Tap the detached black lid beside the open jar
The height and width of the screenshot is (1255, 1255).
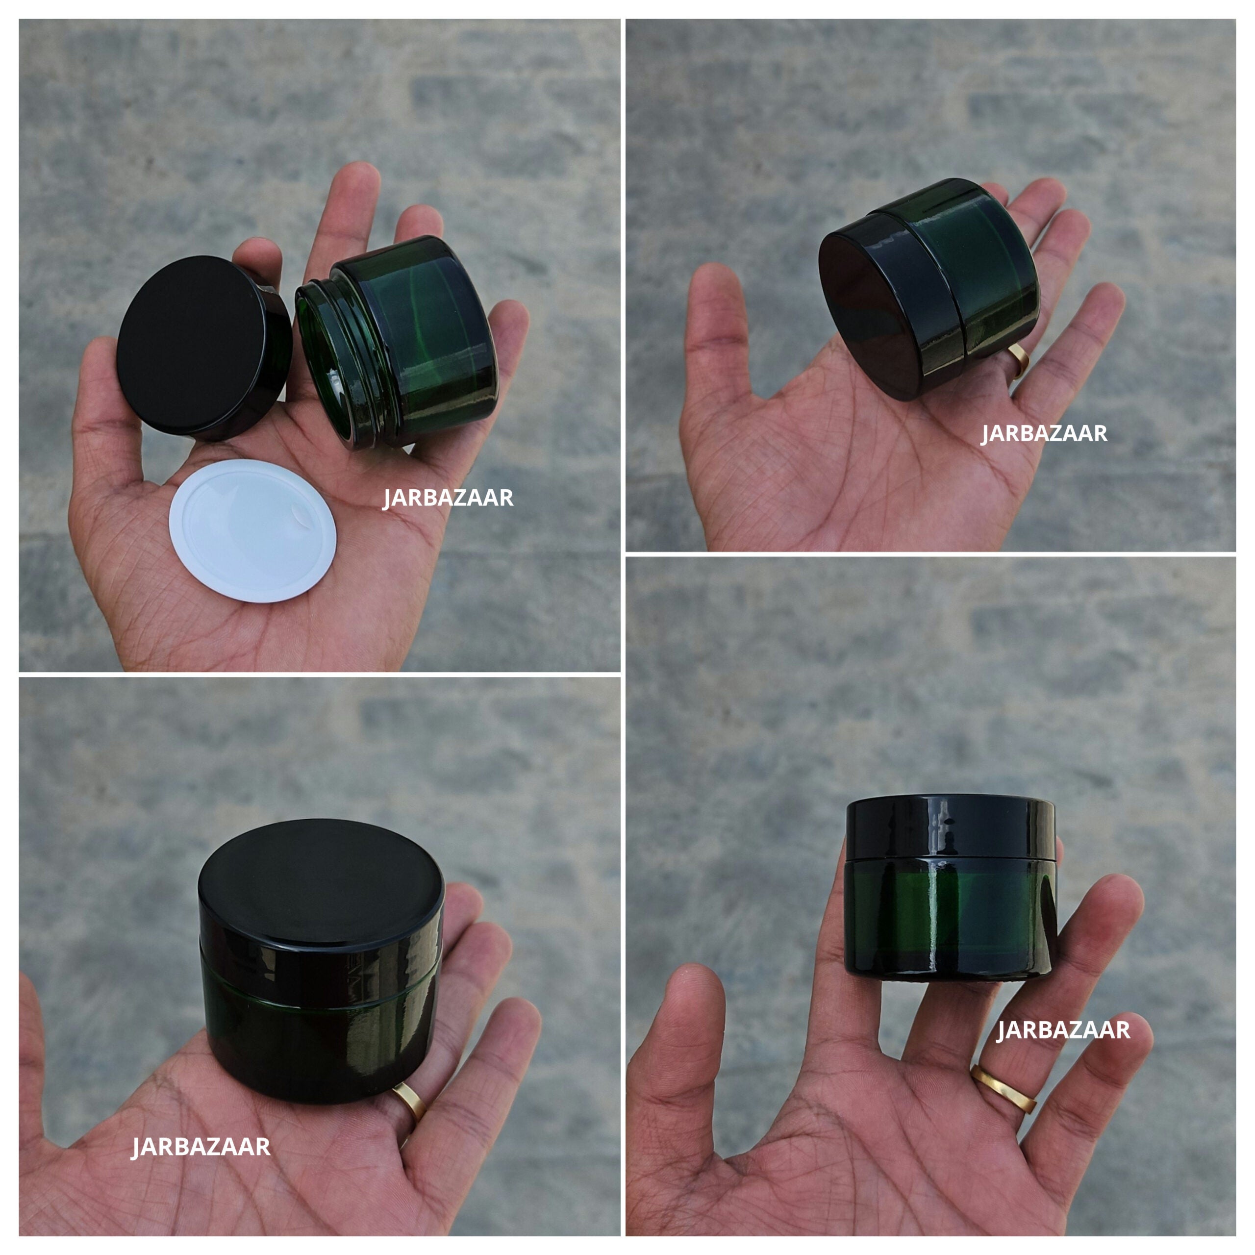(195, 341)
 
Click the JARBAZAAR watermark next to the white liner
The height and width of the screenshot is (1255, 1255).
(448, 498)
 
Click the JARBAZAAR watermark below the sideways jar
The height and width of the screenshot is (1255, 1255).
(1044, 433)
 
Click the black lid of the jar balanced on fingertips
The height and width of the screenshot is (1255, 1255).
(950, 828)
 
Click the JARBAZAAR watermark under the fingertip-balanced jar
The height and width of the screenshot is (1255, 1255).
(1063, 1029)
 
